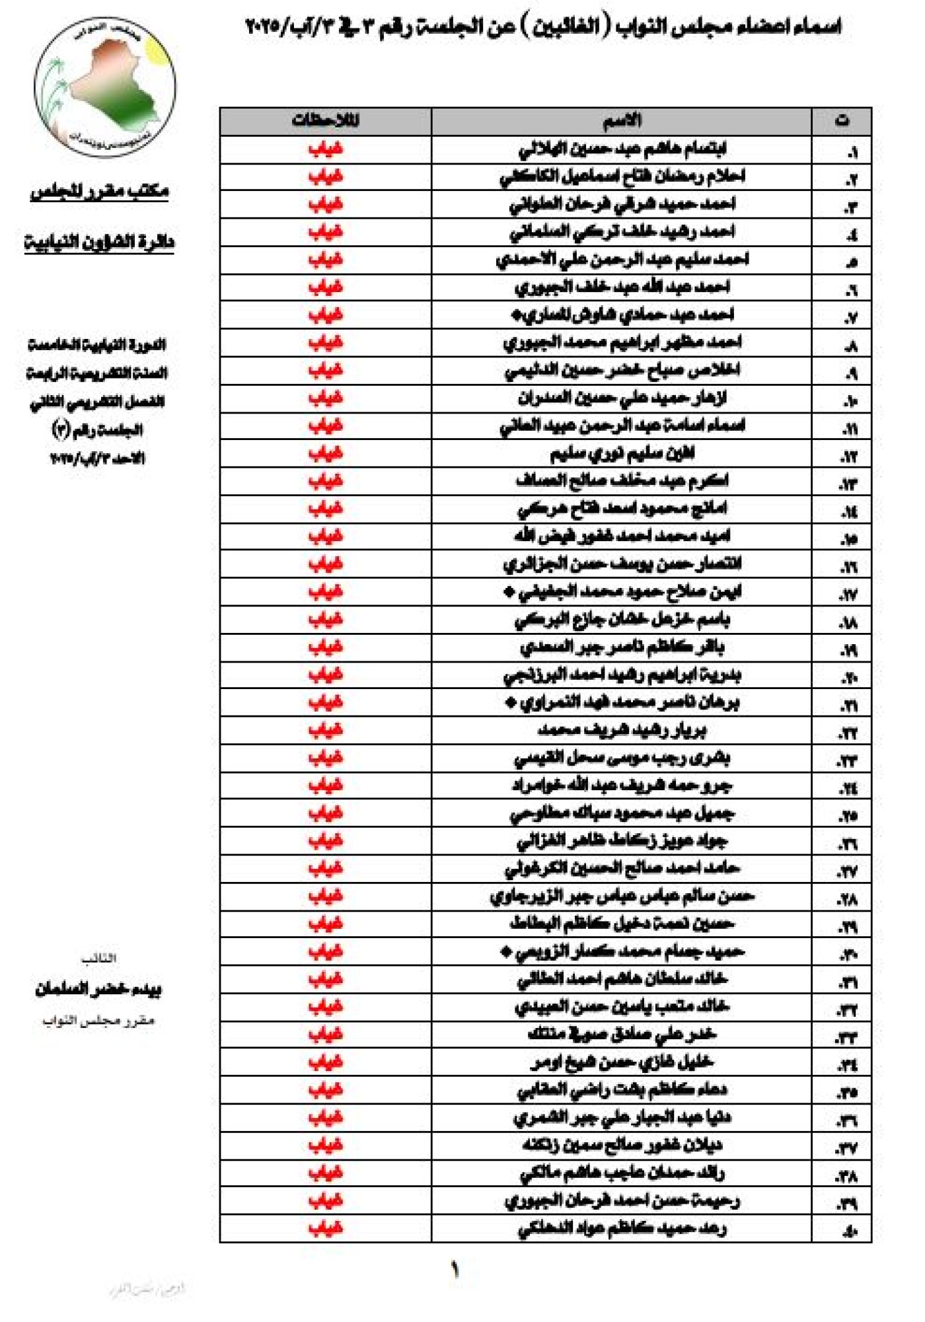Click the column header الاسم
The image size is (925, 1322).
pyautogui.click(x=621, y=121)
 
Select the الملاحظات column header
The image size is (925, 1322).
pyautogui.click(x=325, y=121)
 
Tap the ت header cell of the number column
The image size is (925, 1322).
pyautogui.click(x=842, y=121)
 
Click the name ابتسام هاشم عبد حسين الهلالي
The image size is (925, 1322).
pyautogui.click(x=622, y=149)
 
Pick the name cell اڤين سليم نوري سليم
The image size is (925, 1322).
pyautogui.click(x=622, y=454)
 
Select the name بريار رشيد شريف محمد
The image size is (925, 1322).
pyautogui.click(x=622, y=731)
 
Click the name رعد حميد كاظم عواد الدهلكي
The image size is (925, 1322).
pyautogui.click(x=622, y=1229)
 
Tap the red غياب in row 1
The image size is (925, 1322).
pyautogui.click(x=325, y=149)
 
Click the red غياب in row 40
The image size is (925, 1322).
pyautogui.click(x=325, y=1229)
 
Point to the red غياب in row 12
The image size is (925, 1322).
pyautogui.click(x=325, y=454)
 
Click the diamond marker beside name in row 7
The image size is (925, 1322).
pyautogui.click(x=516, y=316)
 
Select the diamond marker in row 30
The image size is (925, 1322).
pyautogui.click(x=506, y=952)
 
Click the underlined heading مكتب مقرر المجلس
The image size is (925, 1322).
pyautogui.click(x=100, y=192)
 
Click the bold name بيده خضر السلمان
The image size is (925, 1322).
pyautogui.click(x=98, y=989)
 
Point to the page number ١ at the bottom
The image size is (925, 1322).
pyautogui.click(x=455, y=1269)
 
